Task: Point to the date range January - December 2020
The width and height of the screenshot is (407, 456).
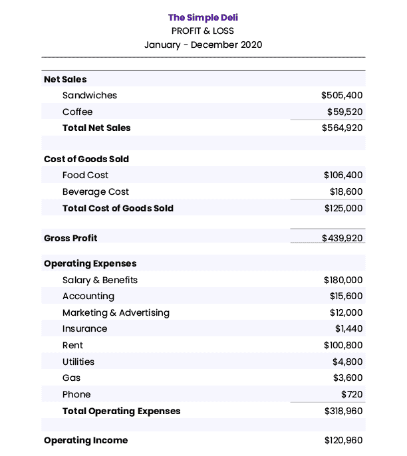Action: point(203,45)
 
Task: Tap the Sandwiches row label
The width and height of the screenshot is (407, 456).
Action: point(89,96)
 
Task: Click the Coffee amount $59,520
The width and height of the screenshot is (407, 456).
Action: point(344,112)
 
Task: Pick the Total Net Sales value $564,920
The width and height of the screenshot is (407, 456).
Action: point(342,128)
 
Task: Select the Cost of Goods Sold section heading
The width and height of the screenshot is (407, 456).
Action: point(86,159)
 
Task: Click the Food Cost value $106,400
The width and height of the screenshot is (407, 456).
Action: point(343,175)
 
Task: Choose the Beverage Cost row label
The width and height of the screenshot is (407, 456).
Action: point(95,192)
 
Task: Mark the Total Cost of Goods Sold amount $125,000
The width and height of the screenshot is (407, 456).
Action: point(343,208)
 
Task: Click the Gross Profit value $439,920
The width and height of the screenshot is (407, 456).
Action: point(342,238)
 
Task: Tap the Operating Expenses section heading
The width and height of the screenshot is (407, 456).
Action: point(90,264)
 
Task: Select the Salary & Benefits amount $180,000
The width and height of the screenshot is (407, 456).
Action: point(343,281)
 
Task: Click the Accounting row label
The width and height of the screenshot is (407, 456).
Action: point(88,296)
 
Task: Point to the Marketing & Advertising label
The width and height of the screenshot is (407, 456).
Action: point(116,312)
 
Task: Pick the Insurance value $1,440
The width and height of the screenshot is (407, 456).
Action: point(348,329)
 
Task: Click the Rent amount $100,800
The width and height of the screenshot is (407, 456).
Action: point(343,346)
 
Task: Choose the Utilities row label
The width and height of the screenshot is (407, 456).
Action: point(78,362)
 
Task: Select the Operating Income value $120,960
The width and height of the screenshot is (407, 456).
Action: point(343,440)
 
